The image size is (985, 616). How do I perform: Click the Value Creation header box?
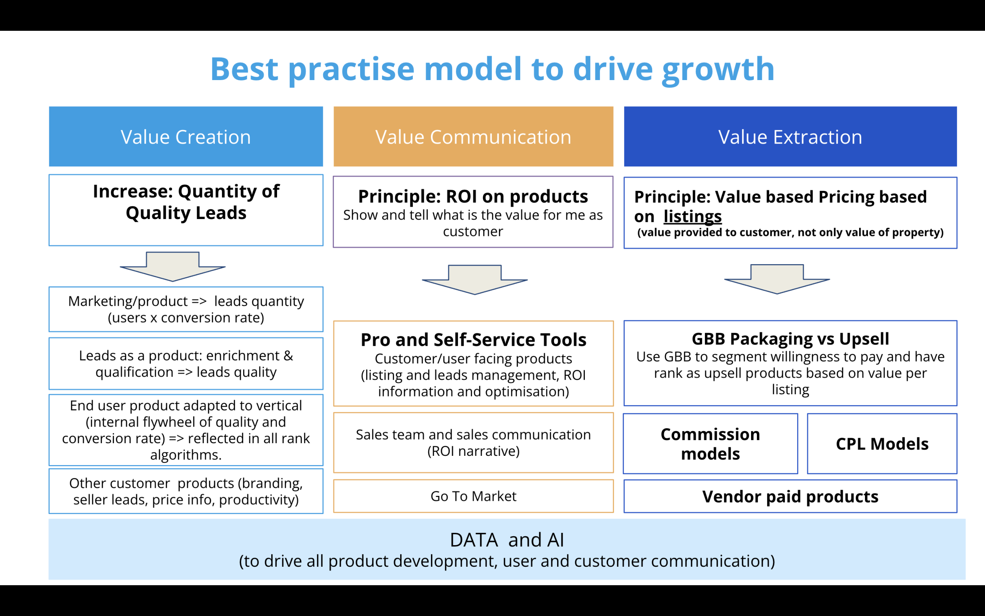click(186, 136)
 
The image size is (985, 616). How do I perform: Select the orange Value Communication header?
click(473, 136)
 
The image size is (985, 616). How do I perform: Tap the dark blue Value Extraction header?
click(790, 136)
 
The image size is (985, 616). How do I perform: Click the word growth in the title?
click(718, 70)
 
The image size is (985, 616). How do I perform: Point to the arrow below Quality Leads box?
click(173, 267)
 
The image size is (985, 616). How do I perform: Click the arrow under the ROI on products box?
click(474, 280)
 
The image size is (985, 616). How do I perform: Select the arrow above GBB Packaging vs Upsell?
click(777, 279)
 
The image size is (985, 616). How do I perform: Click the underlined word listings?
click(692, 216)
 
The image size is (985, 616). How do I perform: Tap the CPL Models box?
click(882, 444)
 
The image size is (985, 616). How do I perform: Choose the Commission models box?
click(710, 444)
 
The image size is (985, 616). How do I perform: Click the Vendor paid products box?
click(790, 496)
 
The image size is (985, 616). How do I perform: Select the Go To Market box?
click(473, 496)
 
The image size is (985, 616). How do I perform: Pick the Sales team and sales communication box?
click(473, 443)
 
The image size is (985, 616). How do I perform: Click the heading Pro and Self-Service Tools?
click(473, 340)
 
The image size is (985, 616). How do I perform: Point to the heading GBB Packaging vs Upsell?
click(790, 339)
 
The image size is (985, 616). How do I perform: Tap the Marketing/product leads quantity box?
click(186, 309)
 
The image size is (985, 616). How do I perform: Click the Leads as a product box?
click(186, 363)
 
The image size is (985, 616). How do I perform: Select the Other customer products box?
click(186, 491)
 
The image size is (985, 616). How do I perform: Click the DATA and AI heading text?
click(507, 540)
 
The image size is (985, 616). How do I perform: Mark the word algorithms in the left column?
click(186, 455)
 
